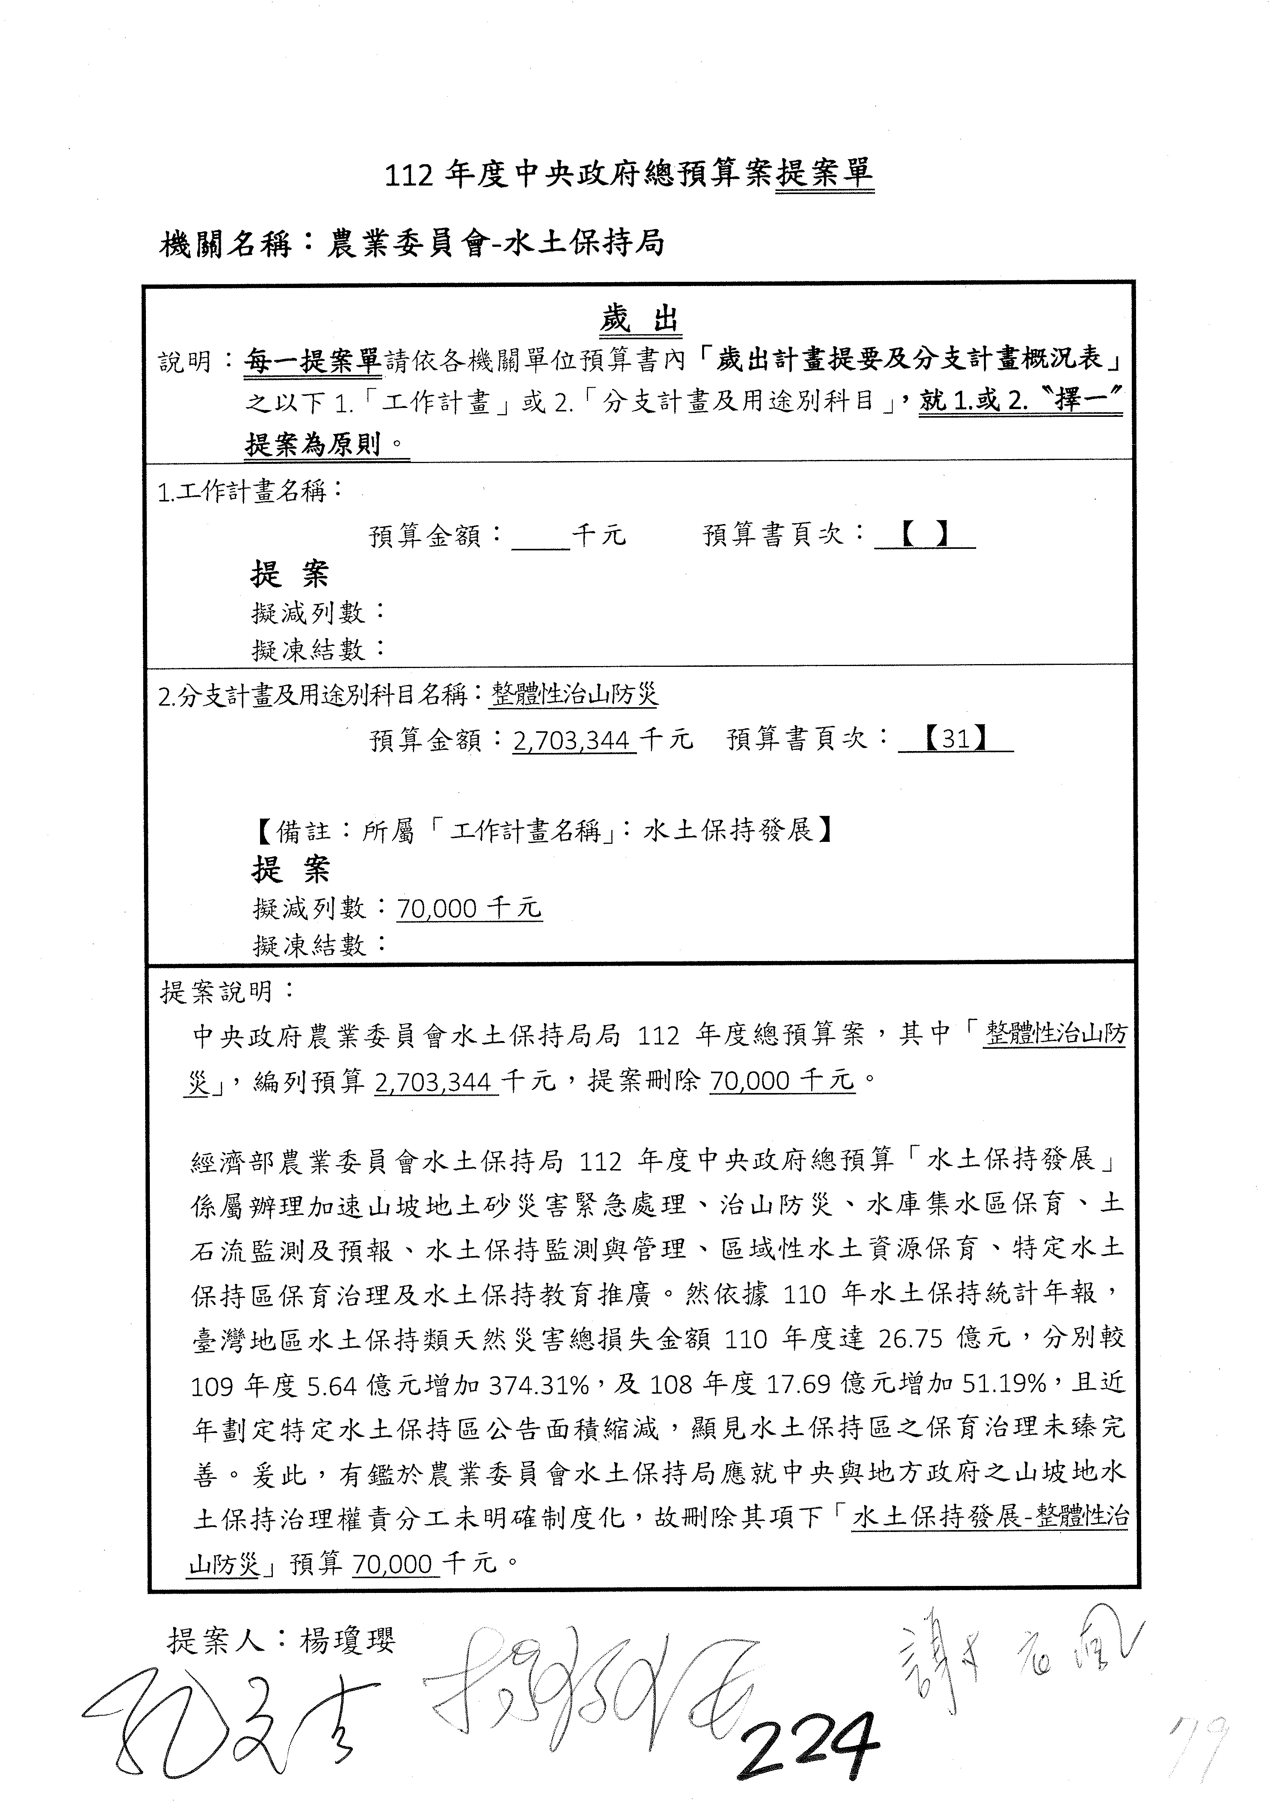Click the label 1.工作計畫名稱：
coord(251,492)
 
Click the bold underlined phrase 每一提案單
coord(313,362)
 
